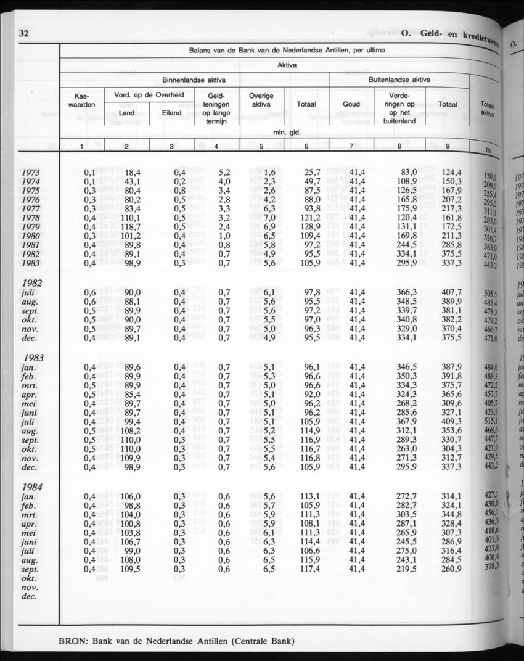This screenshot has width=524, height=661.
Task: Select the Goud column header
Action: (x=351, y=105)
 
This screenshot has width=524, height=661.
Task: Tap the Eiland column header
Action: (x=171, y=113)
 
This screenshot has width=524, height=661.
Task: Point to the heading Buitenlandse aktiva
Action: (x=399, y=80)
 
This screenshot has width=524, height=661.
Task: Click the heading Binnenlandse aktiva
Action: (x=194, y=80)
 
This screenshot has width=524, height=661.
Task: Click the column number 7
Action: (x=351, y=146)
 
